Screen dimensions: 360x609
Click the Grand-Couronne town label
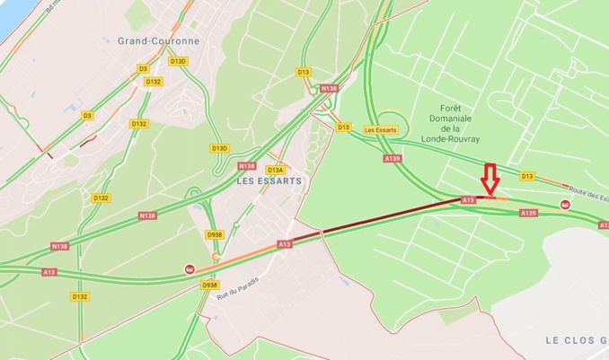pyautogui.click(x=159, y=40)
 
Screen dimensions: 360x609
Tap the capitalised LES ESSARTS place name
pyautogui.click(x=269, y=180)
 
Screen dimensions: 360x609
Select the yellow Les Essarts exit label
pyautogui.click(x=381, y=129)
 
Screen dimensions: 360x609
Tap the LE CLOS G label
pyautogui.click(x=576, y=339)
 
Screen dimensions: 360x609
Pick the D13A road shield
pyautogui.click(x=275, y=169)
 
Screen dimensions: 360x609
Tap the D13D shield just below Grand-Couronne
pyautogui.click(x=178, y=61)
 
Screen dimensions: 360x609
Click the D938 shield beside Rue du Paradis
pyautogui.click(x=210, y=285)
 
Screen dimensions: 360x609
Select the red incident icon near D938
pyautogui.click(x=190, y=268)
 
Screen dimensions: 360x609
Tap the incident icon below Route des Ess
pyautogui.click(x=565, y=205)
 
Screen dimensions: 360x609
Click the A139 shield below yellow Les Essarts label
pyautogui.click(x=392, y=158)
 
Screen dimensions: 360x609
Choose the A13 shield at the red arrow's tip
pyautogui.click(x=468, y=199)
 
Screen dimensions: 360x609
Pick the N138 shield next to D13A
pyautogui.click(x=247, y=166)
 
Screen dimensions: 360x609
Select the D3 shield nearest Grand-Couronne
pyautogui.click(x=142, y=68)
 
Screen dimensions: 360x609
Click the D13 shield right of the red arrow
pyautogui.click(x=527, y=176)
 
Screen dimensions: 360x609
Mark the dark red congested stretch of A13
pyautogui.click(x=386, y=218)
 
